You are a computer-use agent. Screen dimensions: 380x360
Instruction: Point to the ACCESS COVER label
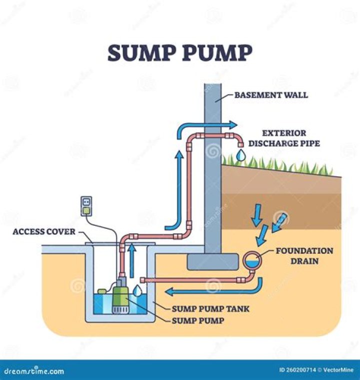44,232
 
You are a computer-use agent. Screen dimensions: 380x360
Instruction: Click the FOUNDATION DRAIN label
304,255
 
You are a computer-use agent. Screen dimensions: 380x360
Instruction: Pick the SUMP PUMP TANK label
210,309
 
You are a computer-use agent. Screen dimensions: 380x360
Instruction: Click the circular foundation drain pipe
252,260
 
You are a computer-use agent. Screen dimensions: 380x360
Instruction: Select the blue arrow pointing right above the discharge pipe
207,124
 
